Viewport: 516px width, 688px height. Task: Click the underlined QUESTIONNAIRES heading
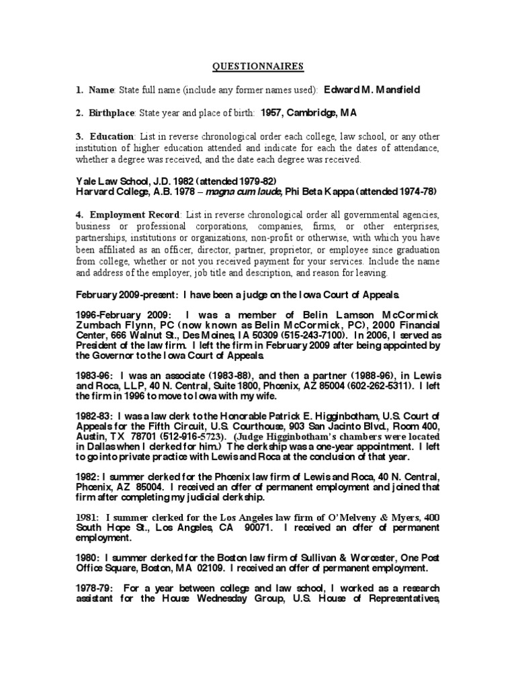258,66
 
